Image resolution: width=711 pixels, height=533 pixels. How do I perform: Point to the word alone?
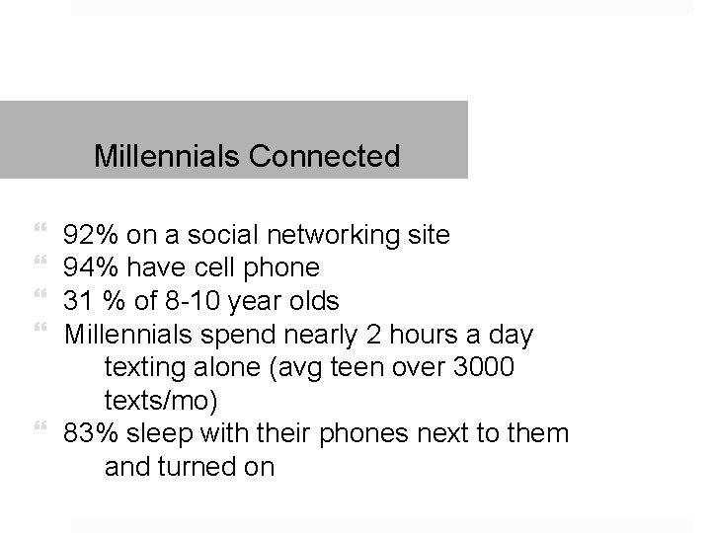point(219,368)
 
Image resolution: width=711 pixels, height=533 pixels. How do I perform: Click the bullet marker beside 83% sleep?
point(39,427)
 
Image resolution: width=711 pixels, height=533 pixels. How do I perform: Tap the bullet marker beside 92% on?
point(39,230)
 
